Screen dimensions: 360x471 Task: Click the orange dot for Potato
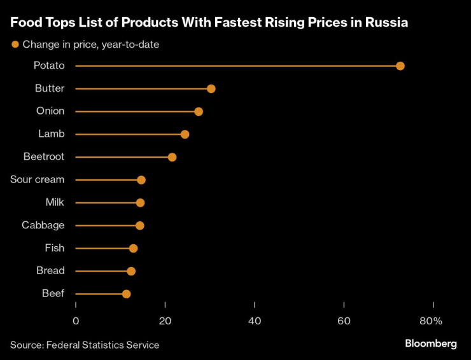[x=400, y=66]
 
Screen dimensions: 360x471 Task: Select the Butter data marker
[x=211, y=88]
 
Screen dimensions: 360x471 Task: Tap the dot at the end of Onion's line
[x=199, y=111]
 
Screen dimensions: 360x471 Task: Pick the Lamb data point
[x=185, y=134]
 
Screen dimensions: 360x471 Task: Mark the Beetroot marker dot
[x=172, y=157]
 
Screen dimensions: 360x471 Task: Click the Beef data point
[x=126, y=294]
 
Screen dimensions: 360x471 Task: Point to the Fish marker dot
[x=133, y=248]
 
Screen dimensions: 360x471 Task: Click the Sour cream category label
[x=37, y=179]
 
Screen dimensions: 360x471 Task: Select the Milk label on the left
[x=55, y=202]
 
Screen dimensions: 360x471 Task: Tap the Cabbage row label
[x=43, y=225]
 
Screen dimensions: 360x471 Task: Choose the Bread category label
[x=50, y=271]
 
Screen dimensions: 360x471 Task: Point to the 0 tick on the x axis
[x=76, y=321]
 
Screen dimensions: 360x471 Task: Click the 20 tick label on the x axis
[x=165, y=321]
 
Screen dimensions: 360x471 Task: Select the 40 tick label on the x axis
[x=255, y=321]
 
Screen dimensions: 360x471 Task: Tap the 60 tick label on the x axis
[x=344, y=321]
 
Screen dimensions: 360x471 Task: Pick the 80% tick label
[x=430, y=321]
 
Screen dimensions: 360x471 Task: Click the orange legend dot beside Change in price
[x=15, y=45]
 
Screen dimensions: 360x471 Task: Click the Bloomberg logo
[x=431, y=343]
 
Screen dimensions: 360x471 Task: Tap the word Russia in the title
[x=384, y=23]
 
